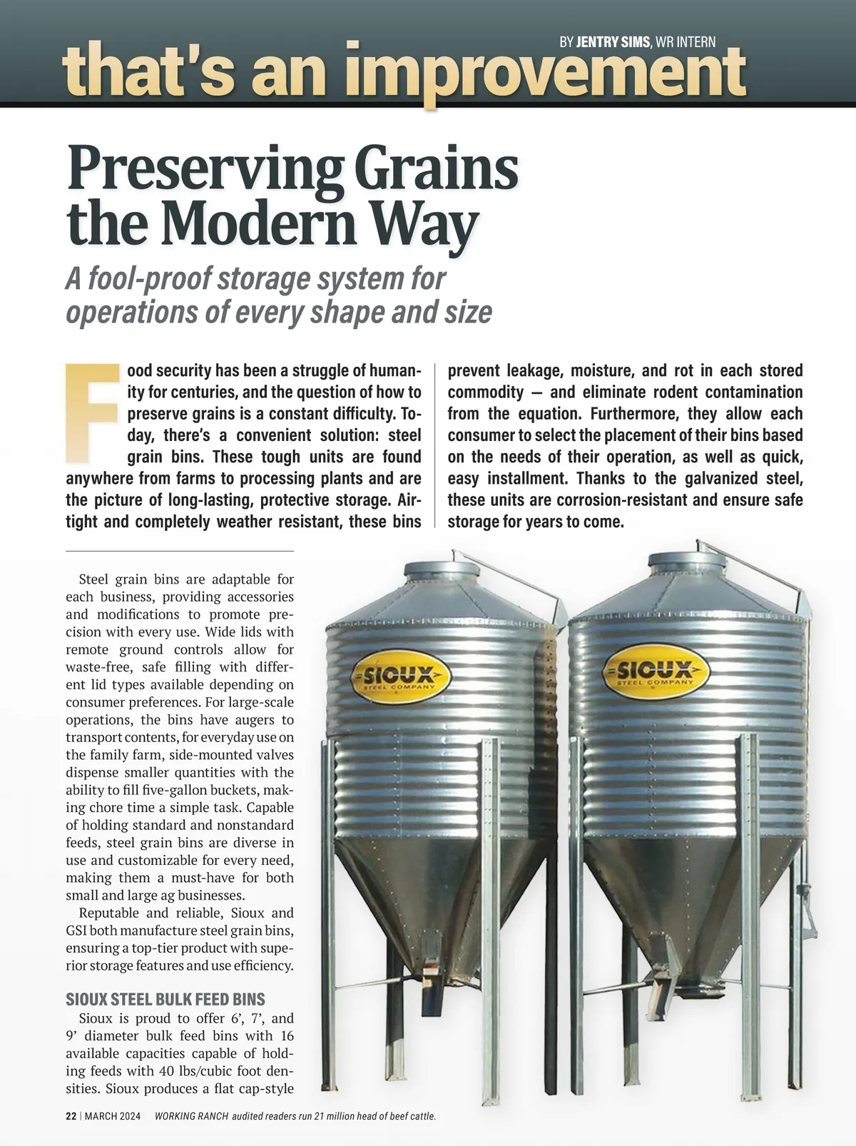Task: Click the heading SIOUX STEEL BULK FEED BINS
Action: pos(165,999)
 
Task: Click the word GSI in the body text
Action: pos(76,931)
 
